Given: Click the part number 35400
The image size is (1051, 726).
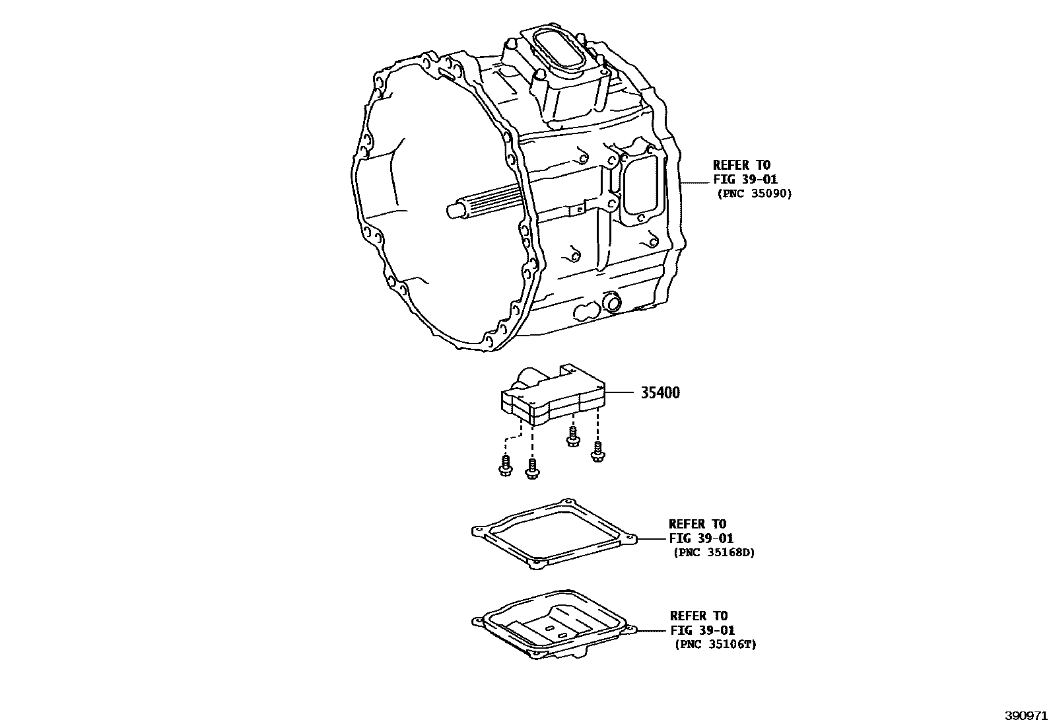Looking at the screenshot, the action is click(x=660, y=392).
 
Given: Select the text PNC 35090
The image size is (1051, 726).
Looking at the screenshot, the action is click(x=755, y=194).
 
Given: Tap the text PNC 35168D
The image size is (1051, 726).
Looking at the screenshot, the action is click(x=714, y=553).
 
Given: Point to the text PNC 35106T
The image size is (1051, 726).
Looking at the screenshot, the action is click(x=716, y=645).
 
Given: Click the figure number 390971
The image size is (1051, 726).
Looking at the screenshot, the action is click(x=1026, y=715).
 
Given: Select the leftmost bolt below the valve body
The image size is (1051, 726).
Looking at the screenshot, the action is click(x=505, y=466).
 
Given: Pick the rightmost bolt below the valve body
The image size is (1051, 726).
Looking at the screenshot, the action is click(x=597, y=451).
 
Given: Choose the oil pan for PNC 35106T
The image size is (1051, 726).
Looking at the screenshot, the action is click(x=554, y=624).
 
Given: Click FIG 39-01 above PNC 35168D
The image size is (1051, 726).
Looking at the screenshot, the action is click(x=701, y=538).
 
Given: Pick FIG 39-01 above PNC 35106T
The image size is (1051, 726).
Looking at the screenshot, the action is click(x=702, y=630).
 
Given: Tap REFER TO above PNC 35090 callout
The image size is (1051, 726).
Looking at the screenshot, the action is click(x=742, y=165).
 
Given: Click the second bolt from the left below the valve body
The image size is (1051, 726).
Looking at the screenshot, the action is click(x=532, y=469).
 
